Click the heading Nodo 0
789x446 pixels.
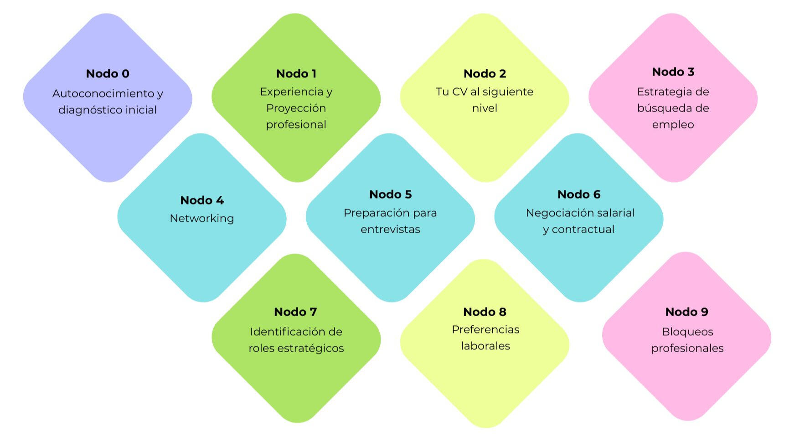pos(108,74)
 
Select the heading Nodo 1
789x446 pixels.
pos(296,74)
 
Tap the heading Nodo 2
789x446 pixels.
pos(485,74)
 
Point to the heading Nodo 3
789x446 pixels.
pos(673,72)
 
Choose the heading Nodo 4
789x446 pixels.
pos(202,200)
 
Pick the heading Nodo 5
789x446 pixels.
pos(390,195)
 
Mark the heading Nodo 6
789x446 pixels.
pos(579,195)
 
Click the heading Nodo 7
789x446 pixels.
pos(295,312)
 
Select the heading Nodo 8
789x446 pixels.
pos(485,312)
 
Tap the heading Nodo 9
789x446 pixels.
pos(686,312)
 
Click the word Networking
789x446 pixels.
pos(202,219)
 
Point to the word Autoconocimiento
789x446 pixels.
pos(103,94)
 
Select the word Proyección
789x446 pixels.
pos(296,108)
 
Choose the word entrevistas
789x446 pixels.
pos(390,230)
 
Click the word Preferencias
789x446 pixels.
pos(485,330)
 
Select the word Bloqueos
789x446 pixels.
pos(687,332)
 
